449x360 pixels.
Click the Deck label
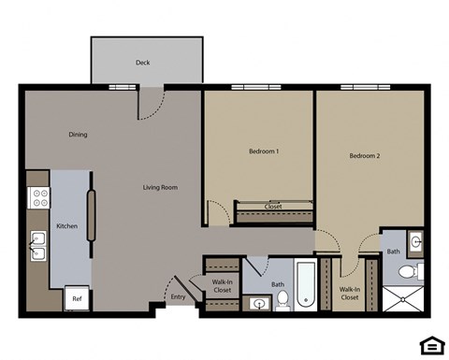142,63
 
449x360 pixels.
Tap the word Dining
78,135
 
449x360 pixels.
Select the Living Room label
160,187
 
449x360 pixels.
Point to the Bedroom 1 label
264,151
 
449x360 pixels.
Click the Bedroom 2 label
364,156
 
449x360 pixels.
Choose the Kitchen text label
66,226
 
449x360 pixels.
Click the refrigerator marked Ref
77,299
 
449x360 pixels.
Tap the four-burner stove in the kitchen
40,197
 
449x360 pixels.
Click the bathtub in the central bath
306,285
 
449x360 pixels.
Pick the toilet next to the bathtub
282,299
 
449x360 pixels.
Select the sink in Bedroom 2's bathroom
416,241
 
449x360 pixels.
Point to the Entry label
178,298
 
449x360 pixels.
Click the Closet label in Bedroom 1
274,206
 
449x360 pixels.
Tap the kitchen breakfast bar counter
92,217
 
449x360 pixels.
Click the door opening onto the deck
152,103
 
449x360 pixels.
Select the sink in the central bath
256,303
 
